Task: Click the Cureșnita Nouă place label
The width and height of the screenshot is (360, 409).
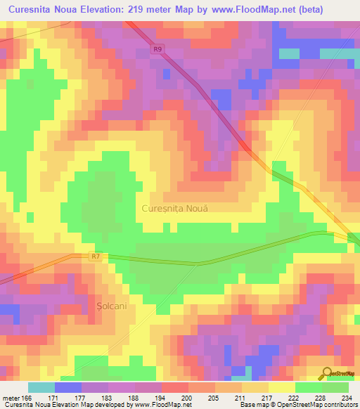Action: [176, 209]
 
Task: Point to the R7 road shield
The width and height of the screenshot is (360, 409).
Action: [96, 257]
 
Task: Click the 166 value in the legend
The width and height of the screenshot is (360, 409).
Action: [27, 397]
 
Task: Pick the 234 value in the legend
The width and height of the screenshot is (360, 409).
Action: [346, 397]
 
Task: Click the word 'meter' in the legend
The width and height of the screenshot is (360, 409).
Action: [9, 397]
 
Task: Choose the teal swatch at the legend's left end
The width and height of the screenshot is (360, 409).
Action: [41, 387]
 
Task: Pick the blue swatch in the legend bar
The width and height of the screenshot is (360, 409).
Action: [67, 387]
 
